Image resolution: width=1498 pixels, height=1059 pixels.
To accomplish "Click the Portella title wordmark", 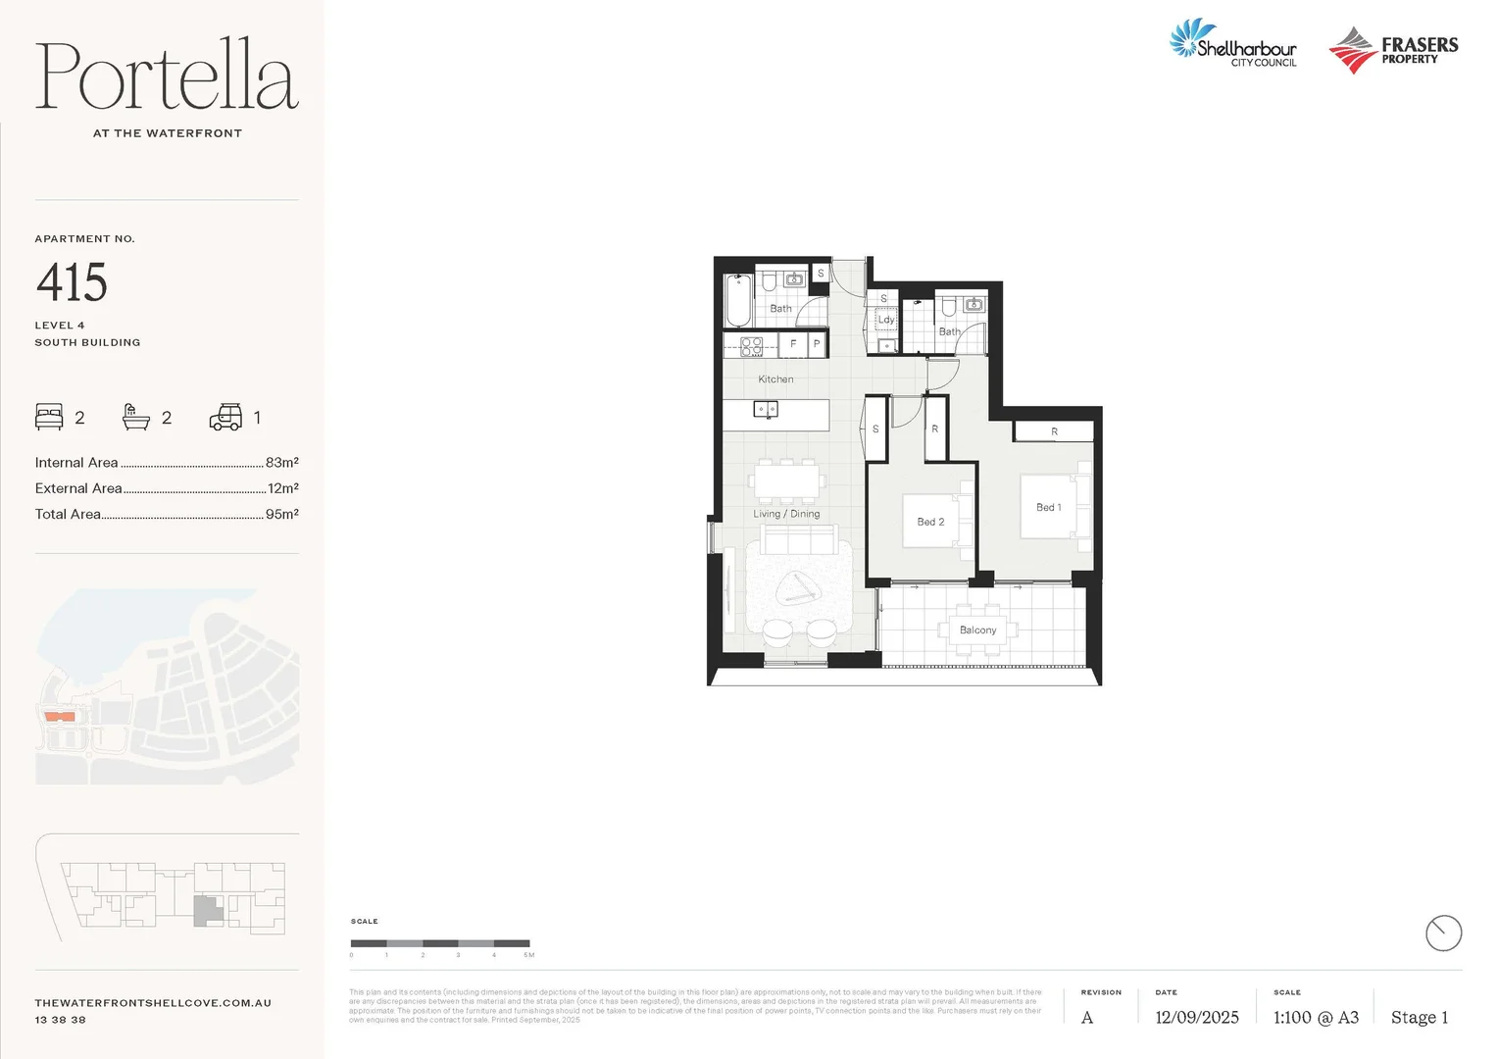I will tap(167, 76).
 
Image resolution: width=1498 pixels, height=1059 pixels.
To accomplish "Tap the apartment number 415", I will tap(72, 283).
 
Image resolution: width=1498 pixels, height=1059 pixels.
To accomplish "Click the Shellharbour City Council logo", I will tap(1233, 45).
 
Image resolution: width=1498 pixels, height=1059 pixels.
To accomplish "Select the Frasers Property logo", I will tap(1393, 50).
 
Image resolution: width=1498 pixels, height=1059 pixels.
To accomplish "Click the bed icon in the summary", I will tap(49, 418).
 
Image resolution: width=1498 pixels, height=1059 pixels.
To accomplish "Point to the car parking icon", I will tap(225, 418).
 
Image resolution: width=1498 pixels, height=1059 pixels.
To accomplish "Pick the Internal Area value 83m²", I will tap(281, 463).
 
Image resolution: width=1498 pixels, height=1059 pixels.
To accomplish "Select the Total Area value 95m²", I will tap(281, 514).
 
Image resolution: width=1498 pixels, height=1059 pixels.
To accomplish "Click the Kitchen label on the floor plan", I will tap(775, 379).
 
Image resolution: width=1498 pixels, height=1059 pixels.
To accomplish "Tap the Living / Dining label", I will tap(786, 514).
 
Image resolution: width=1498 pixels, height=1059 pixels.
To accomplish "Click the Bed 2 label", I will tap(930, 522).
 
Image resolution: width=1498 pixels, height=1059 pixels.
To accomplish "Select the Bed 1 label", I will tap(1048, 507).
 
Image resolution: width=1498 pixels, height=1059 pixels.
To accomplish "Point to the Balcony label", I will tap(977, 630).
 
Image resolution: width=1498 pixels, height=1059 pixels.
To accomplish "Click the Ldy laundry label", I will tap(885, 320).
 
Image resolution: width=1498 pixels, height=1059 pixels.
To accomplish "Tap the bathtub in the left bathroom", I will tap(737, 301).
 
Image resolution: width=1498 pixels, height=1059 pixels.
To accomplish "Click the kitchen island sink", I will tap(765, 409).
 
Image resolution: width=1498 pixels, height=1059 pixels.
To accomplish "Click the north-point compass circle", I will tap(1443, 933).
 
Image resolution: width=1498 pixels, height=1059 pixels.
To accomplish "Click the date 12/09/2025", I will tap(1196, 1018).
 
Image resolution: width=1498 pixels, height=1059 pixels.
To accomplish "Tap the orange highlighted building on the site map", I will tap(60, 717).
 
